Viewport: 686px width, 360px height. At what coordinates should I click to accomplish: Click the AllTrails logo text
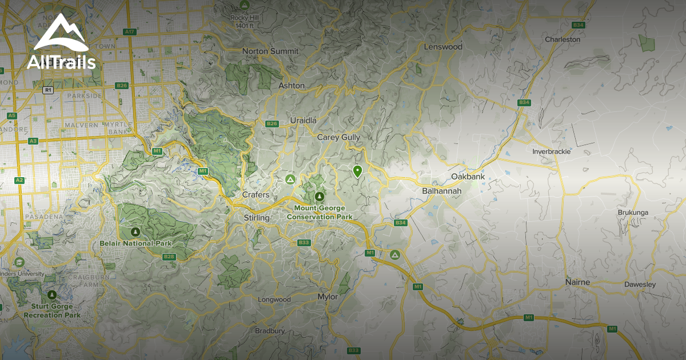point(61,62)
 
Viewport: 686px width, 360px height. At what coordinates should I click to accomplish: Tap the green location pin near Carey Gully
point(358,171)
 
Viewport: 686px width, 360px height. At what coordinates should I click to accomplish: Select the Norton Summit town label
point(270,51)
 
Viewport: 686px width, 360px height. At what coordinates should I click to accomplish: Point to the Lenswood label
point(442,47)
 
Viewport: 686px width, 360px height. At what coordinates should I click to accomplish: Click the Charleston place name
point(563,39)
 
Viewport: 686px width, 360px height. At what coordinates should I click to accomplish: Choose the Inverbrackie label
point(552,151)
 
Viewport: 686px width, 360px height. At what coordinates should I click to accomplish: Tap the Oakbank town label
point(468,177)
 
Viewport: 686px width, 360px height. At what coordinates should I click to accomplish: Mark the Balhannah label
point(441,191)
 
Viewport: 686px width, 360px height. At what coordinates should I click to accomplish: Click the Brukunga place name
point(633,213)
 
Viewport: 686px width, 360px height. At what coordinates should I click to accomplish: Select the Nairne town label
point(577,282)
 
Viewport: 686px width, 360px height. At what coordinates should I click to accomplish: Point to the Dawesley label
point(640,285)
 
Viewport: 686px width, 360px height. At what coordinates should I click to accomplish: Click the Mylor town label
point(328,297)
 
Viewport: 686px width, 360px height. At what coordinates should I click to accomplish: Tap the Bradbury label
point(270,331)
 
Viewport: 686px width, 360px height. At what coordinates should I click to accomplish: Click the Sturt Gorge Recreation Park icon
point(52,295)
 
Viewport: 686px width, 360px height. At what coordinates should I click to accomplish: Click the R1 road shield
point(48,90)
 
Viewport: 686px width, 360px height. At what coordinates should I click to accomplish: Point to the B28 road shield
point(169,257)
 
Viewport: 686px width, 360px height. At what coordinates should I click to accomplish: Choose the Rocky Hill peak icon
point(245,5)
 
